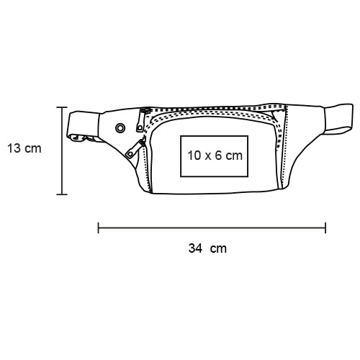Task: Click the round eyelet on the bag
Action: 120,128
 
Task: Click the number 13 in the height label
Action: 14,148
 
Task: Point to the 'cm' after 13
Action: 33,149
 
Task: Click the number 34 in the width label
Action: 195,248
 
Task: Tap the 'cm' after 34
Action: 218,249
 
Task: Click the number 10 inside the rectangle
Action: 194,156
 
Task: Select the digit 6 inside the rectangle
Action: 218,156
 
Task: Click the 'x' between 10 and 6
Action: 208,157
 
